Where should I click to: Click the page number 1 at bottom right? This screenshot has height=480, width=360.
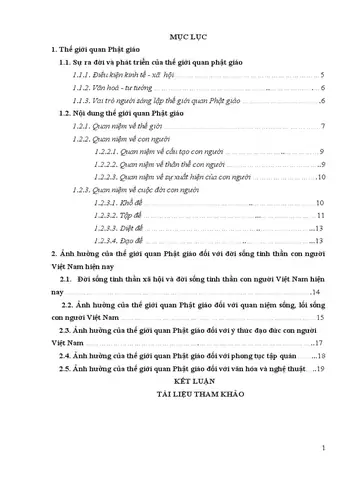[x=338, y=447]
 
